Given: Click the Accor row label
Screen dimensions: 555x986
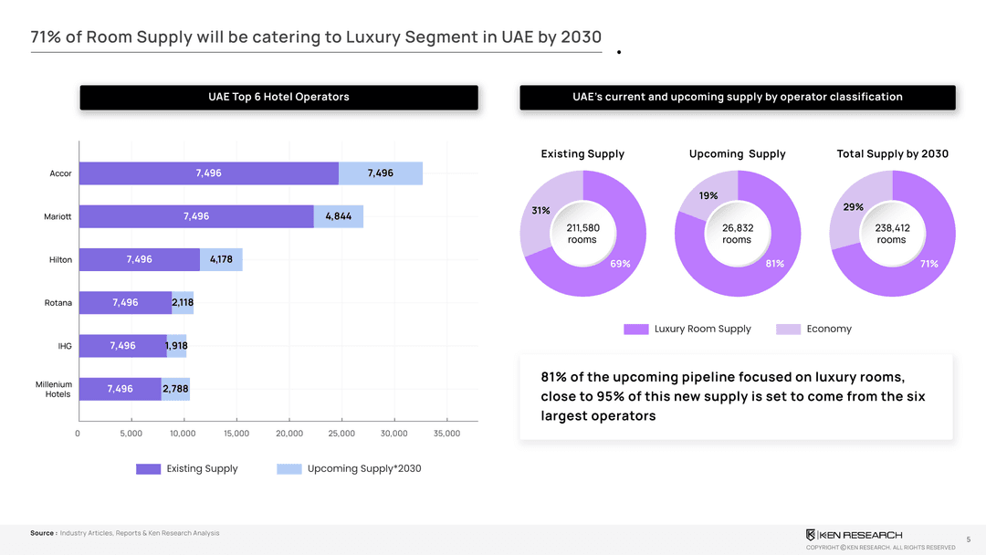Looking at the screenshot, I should pos(60,173).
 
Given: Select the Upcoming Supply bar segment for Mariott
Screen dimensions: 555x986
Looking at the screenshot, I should pos(339,216).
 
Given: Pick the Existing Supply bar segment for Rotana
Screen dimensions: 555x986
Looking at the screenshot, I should pos(125,302).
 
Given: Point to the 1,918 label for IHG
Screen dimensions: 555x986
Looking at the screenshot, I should pos(177,345).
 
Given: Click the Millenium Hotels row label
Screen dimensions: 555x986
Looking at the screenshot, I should pos(53,389).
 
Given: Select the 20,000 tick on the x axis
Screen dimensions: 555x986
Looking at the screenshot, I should pos(289,434).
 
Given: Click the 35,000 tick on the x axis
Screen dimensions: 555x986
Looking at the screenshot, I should pos(446,434).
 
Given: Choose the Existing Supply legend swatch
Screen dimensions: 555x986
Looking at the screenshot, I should pos(148,469).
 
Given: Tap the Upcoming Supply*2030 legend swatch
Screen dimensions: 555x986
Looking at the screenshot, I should pos(288,469).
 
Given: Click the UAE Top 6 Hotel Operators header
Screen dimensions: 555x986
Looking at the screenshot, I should pos(278,97).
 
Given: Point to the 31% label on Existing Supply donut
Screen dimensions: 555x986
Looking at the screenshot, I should pos(540,210).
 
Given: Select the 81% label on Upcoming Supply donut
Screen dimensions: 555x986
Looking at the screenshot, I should pos(775,264).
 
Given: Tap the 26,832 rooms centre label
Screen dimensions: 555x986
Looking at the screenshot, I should pos(737,234).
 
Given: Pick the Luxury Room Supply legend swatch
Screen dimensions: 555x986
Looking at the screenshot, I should pos(636,329).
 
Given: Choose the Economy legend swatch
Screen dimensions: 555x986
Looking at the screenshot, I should pos(789,329).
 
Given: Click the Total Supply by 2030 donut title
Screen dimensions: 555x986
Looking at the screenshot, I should pos(892,153).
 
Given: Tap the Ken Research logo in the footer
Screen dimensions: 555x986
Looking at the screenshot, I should pos(854,534).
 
